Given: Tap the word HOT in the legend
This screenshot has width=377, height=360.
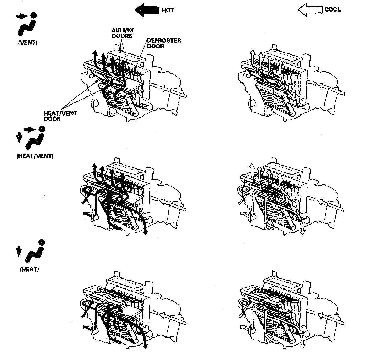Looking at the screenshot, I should (168, 10).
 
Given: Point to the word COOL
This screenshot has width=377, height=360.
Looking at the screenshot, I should (332, 10).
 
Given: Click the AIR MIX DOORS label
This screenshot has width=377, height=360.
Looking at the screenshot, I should (122, 33).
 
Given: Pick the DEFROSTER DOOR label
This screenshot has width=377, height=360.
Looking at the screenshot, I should (164, 43).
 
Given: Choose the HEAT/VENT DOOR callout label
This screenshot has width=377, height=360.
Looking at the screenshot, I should (60, 116).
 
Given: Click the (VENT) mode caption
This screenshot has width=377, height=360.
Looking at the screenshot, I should (27, 43).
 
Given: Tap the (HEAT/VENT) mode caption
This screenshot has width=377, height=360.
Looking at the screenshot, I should (35, 156).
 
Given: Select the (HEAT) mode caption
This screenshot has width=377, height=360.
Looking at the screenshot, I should (29, 270).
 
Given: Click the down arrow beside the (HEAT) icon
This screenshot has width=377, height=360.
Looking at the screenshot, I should (18, 251).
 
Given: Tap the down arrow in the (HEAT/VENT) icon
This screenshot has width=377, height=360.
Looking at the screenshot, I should (19, 137).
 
